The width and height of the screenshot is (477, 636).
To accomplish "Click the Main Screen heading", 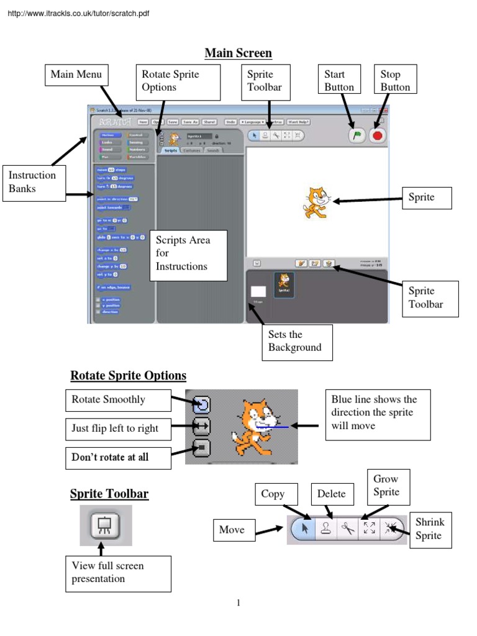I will (238, 53).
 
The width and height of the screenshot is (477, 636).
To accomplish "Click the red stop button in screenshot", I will (378, 135).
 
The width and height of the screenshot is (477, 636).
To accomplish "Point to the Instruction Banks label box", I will (34, 182).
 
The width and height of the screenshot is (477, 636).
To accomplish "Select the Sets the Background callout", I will (297, 342).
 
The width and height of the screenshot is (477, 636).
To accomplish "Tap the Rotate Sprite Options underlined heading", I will (128, 376).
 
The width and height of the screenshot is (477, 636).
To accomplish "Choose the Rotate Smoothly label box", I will (117, 400).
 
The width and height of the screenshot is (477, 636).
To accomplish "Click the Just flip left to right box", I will (117, 429).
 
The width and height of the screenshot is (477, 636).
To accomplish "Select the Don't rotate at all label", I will (117, 457).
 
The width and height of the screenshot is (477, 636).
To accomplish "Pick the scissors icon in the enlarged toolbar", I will (347, 529).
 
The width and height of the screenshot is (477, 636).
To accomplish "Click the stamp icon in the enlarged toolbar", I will (325, 529).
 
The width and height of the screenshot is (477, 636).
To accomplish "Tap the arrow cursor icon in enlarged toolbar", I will (304, 529).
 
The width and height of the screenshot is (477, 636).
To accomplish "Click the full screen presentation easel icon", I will (101, 525).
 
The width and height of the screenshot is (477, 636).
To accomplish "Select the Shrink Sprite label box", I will (430, 529).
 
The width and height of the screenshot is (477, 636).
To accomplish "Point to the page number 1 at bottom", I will (238, 602).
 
